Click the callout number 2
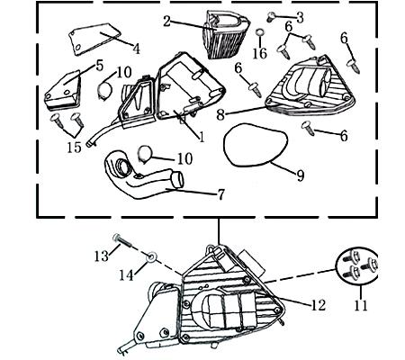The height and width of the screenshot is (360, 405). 167,22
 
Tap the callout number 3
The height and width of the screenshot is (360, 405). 300,18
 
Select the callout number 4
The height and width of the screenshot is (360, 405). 137,49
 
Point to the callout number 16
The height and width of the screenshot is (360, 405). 260,54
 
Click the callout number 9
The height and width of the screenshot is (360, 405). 301,175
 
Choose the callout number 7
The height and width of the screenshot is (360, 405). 220,194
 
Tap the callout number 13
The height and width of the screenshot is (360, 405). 102,256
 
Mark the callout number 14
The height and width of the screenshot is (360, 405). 126,274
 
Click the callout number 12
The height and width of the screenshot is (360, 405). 319,305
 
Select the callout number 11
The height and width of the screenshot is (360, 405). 361,306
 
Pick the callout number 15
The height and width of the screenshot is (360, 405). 74,147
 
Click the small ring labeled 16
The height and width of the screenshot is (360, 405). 260,32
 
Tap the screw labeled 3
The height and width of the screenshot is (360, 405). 270,16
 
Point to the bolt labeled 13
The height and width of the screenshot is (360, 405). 123,240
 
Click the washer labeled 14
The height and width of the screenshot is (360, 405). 151,257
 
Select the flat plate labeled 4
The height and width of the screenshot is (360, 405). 94,40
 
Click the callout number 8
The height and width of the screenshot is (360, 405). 220,114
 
